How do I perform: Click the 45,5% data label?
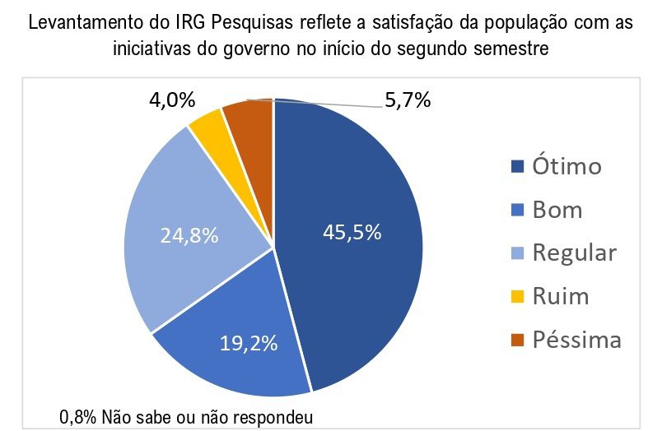click(x=352, y=232)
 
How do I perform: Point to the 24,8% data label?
click(x=189, y=236)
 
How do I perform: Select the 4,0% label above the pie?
click(x=172, y=101)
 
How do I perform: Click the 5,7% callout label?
click(x=408, y=101)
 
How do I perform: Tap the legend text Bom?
click(x=557, y=210)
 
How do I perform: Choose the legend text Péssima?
click(x=576, y=338)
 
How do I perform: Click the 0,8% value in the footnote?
click(x=79, y=415)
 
